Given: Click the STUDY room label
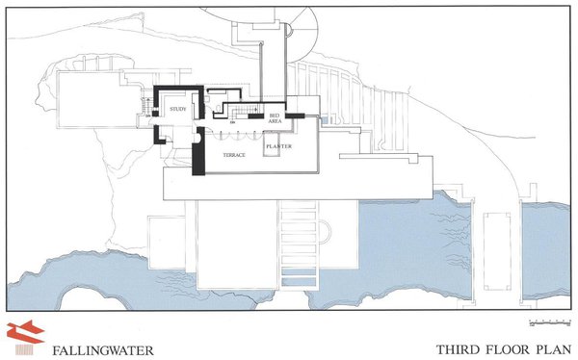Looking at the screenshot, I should coord(177,110).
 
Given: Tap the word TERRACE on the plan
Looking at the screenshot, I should coord(236,154).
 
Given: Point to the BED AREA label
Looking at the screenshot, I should coord(275,118).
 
